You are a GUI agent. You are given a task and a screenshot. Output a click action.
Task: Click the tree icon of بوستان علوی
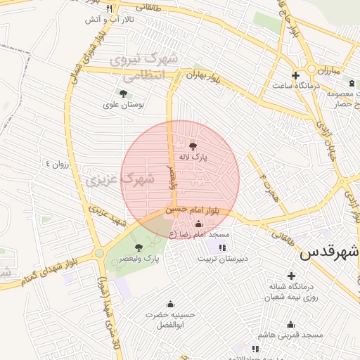coord(124,93)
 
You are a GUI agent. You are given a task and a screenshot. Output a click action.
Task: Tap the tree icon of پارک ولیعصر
coord(139,247)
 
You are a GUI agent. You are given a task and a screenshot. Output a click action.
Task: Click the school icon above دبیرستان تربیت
coord(222,247)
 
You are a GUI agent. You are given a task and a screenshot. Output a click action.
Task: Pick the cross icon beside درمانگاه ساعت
coord(295,75)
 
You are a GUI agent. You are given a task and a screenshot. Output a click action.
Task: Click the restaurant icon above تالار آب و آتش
coord(109,8)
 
